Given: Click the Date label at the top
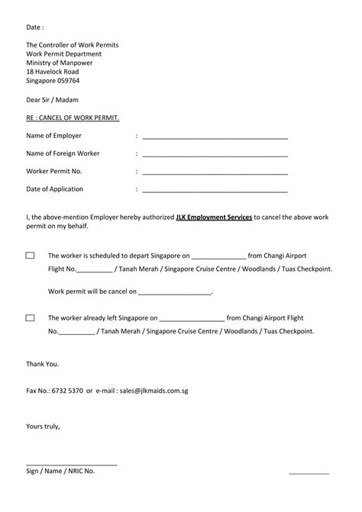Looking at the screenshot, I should [36, 27].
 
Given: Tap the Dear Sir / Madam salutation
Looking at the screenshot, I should [52, 100].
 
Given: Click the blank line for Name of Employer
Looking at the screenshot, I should [215, 137].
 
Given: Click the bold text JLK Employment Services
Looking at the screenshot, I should [214, 217].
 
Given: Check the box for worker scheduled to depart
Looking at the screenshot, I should [31, 256].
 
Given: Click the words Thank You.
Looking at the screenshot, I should [42, 363].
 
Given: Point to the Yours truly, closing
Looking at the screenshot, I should [43, 425].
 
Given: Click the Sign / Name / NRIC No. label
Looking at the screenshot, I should [61, 472].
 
